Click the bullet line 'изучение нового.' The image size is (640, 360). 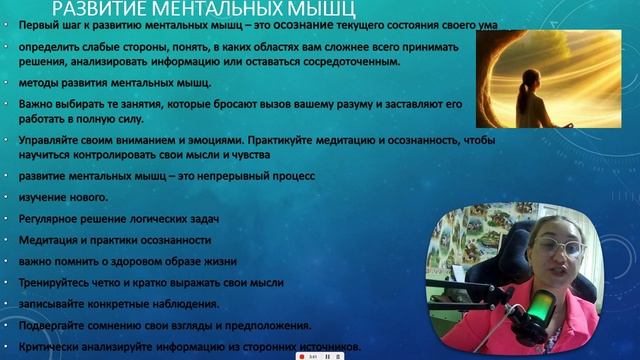tap(56, 197)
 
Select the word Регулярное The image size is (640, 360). tap(51, 219)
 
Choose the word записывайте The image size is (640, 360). tap(54, 304)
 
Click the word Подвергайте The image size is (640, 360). tap(55, 325)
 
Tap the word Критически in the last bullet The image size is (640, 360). tap(50, 347)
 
